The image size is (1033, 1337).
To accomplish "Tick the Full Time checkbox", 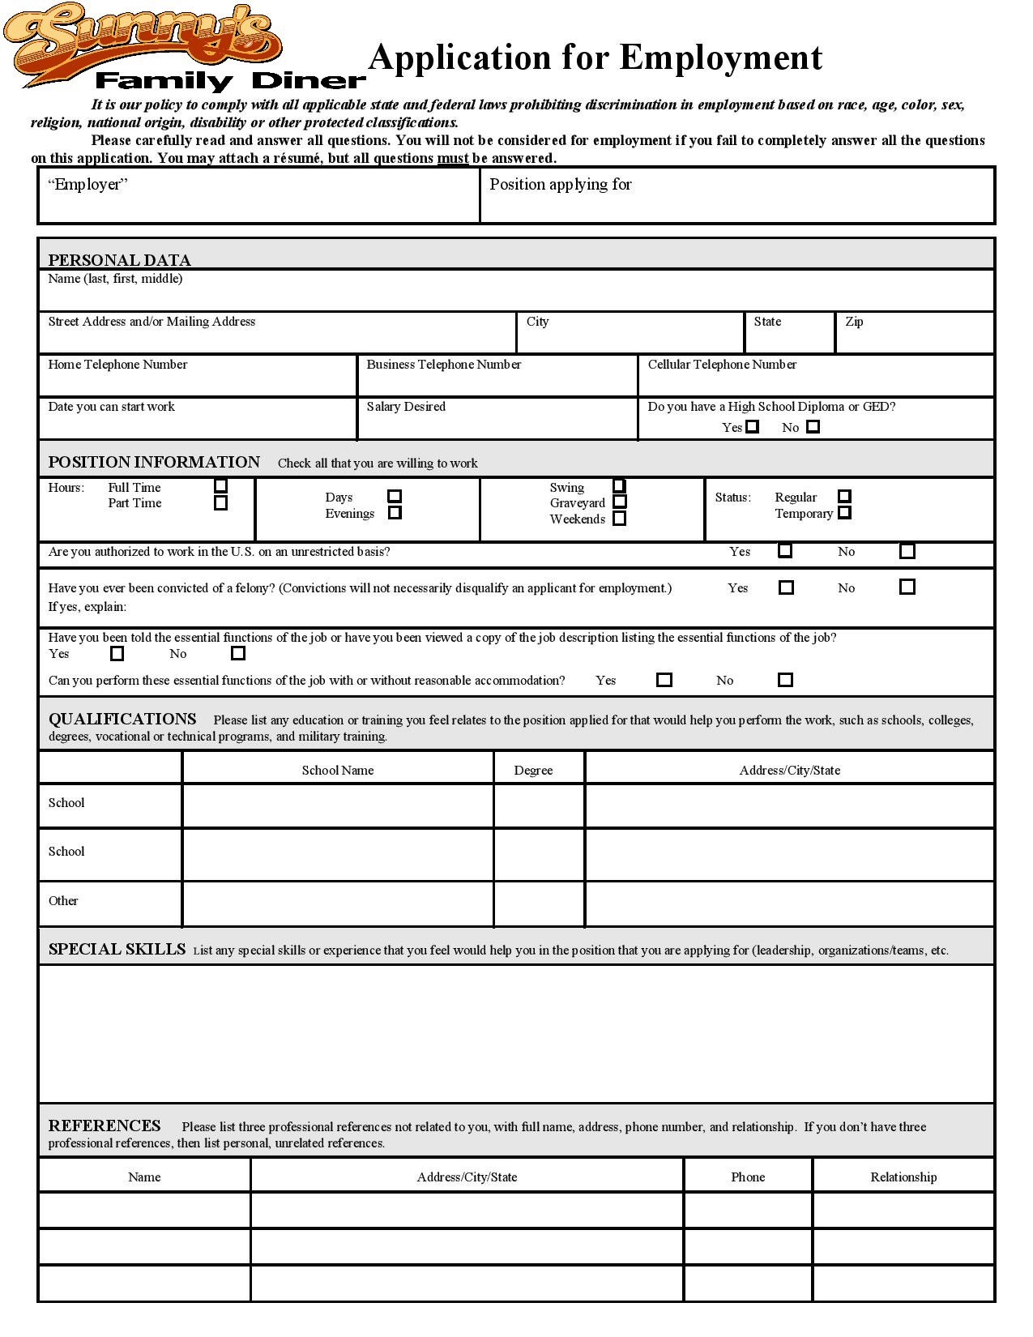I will (220, 486).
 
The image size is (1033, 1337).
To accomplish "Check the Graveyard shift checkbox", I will (620, 502).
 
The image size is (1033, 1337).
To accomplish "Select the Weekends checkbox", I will (620, 519).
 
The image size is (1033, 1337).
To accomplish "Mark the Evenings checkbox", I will (395, 513).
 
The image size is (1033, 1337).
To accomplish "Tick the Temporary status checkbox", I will (844, 513).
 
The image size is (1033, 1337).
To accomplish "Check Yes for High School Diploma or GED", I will (753, 426).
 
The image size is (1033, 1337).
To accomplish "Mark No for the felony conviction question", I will (907, 587).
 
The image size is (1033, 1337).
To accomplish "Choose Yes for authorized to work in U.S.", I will (785, 551).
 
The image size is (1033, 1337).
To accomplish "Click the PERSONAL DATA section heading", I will (120, 260).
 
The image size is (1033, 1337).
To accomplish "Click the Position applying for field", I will (737, 203).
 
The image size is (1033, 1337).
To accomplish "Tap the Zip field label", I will (854, 322).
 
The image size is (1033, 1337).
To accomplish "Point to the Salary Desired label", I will (406, 407).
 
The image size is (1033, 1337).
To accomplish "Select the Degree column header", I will (533, 770).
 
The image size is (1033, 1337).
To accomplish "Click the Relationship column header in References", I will (903, 1177).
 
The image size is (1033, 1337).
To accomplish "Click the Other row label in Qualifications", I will (63, 900).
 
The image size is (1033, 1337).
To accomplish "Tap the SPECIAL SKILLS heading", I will (117, 949).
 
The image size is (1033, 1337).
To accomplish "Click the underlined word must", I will (453, 158).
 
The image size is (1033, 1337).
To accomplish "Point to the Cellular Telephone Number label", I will (722, 365).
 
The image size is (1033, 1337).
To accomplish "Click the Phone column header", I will (748, 1177).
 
